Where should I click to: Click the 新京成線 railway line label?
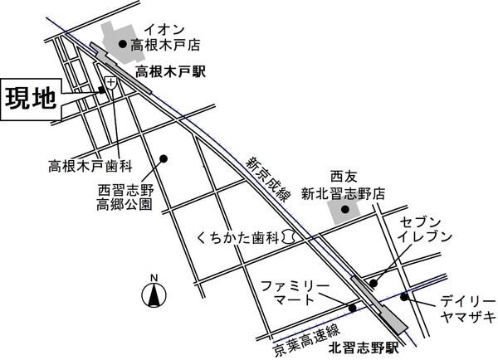pos(265,179)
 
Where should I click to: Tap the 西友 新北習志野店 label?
pos(356,184)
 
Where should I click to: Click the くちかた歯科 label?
pos(237,237)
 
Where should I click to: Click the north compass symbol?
pos(153,292)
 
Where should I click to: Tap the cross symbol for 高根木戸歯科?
pos(110,80)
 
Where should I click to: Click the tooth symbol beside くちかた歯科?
pos(287,237)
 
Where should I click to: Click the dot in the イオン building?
pos(123,44)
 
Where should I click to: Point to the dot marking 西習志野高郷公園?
pos(164,158)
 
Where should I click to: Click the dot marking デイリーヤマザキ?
pos(403,296)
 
